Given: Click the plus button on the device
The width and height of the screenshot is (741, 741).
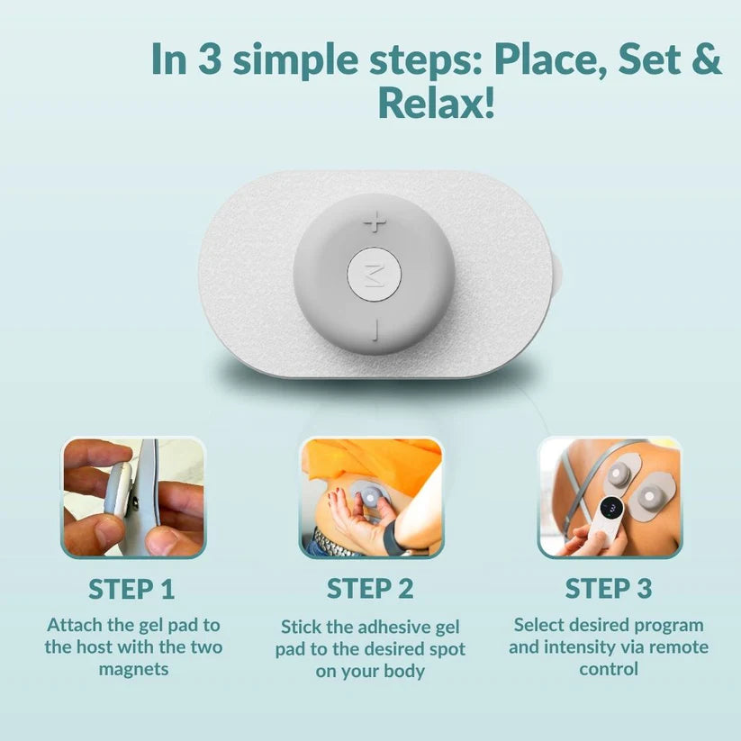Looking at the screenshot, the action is pos(375,222).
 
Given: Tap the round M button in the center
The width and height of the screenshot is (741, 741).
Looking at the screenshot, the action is pos(375,275).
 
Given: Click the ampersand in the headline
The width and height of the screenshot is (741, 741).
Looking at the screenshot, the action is pos(703,59).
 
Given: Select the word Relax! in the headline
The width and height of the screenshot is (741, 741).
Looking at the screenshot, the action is pos(436,103).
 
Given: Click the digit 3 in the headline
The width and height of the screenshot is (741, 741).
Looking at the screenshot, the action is pos(210,59).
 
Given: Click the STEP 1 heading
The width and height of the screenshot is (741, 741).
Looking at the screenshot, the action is pos(131,590).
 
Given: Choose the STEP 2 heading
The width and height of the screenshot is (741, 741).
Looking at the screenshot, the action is pos(370,589).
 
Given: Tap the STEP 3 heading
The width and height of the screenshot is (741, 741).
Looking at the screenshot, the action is pos(609,589).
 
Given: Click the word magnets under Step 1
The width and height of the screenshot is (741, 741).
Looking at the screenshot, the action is pos(134,670).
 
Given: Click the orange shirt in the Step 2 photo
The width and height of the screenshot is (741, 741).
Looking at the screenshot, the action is pos(374,463).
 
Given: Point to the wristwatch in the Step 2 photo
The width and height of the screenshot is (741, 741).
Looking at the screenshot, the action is pos(393,539).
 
